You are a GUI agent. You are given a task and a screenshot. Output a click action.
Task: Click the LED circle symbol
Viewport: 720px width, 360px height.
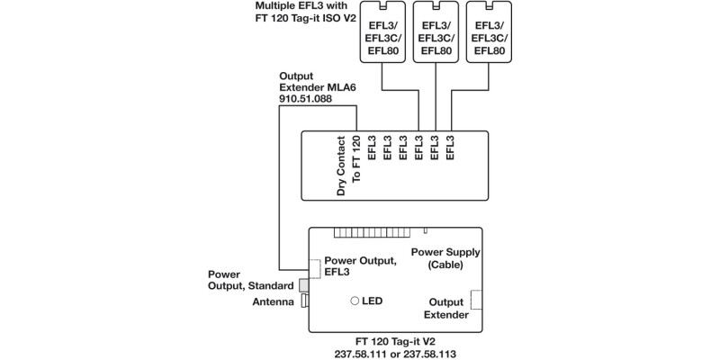355,300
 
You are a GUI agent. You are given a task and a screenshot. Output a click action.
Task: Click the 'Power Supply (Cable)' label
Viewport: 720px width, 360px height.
445,259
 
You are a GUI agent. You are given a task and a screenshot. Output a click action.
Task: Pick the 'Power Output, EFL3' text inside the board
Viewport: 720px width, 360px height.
360,266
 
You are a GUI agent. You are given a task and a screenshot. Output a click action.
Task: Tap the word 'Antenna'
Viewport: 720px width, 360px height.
274,303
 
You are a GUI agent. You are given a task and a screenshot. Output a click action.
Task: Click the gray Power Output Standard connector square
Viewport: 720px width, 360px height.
303,285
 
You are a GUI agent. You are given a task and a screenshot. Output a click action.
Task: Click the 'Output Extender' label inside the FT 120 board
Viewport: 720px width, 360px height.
446,309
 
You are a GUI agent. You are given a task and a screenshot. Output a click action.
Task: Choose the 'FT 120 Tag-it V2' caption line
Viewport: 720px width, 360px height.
395,343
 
